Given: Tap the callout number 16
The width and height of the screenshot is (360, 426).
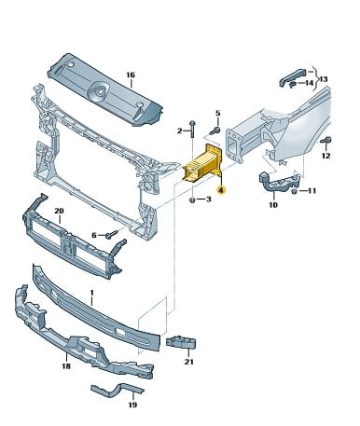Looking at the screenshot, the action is point(131,76).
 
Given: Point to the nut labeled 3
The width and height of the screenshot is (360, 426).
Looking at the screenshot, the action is point(192,199).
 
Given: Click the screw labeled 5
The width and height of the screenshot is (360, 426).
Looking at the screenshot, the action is point(215,131).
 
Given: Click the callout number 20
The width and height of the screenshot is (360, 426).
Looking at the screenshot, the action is point(59,211).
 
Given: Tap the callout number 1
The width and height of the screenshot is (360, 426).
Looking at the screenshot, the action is point(91,293).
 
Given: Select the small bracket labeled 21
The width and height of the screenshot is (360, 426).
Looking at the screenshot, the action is point(181,342).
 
